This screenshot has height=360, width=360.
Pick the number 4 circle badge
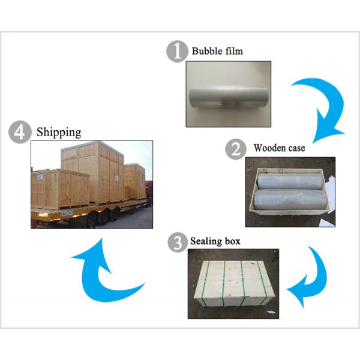19,132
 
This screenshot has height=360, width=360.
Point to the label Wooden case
279,148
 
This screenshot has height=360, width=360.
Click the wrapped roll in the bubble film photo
228,96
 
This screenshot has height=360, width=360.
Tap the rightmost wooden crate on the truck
135,180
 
